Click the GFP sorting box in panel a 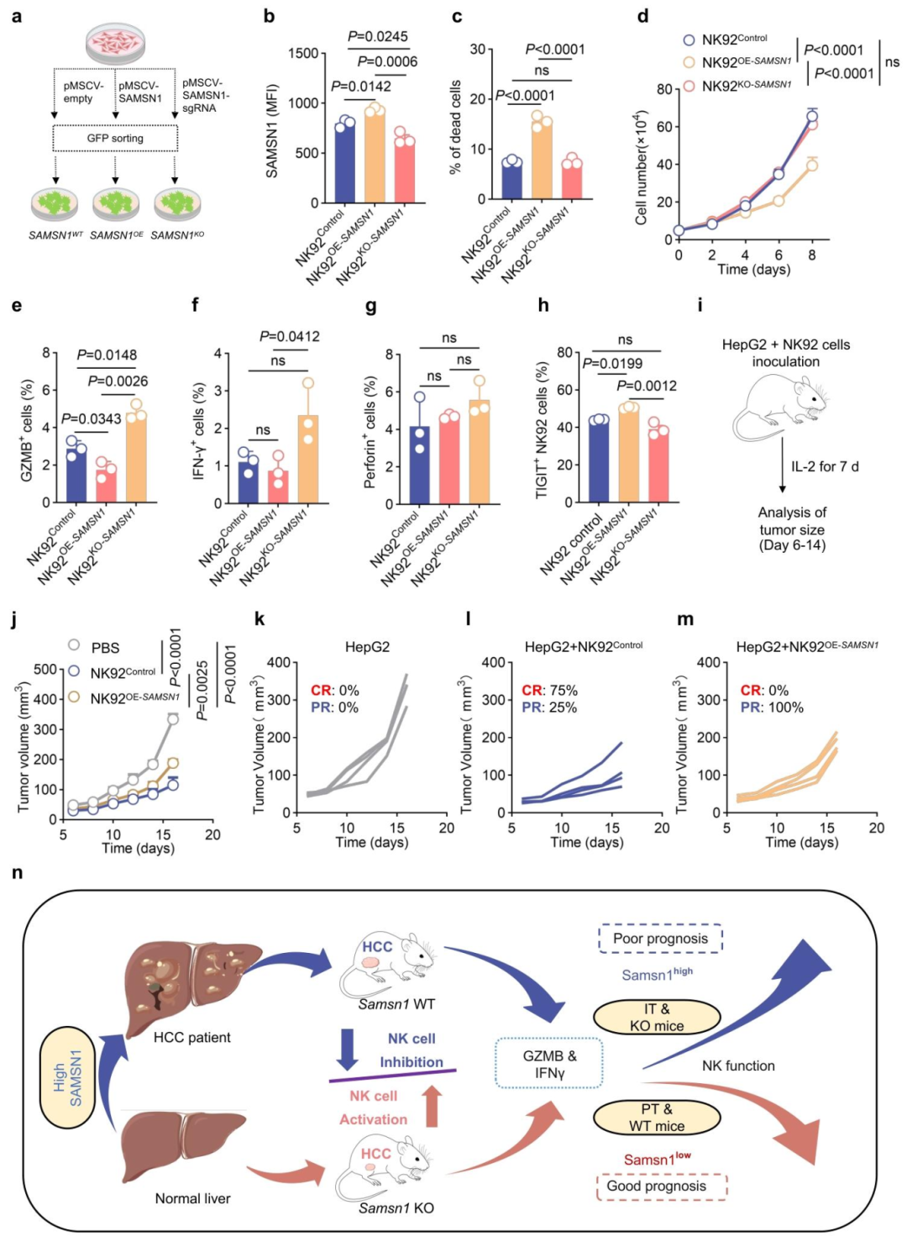115,138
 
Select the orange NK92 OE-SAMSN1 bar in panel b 375,155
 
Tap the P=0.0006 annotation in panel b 387,61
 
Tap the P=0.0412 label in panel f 289,337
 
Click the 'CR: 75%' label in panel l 549,691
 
